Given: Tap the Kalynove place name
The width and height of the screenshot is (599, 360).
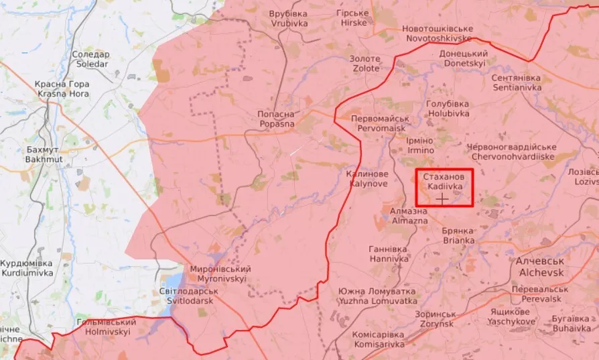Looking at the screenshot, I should coord(367,178).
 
